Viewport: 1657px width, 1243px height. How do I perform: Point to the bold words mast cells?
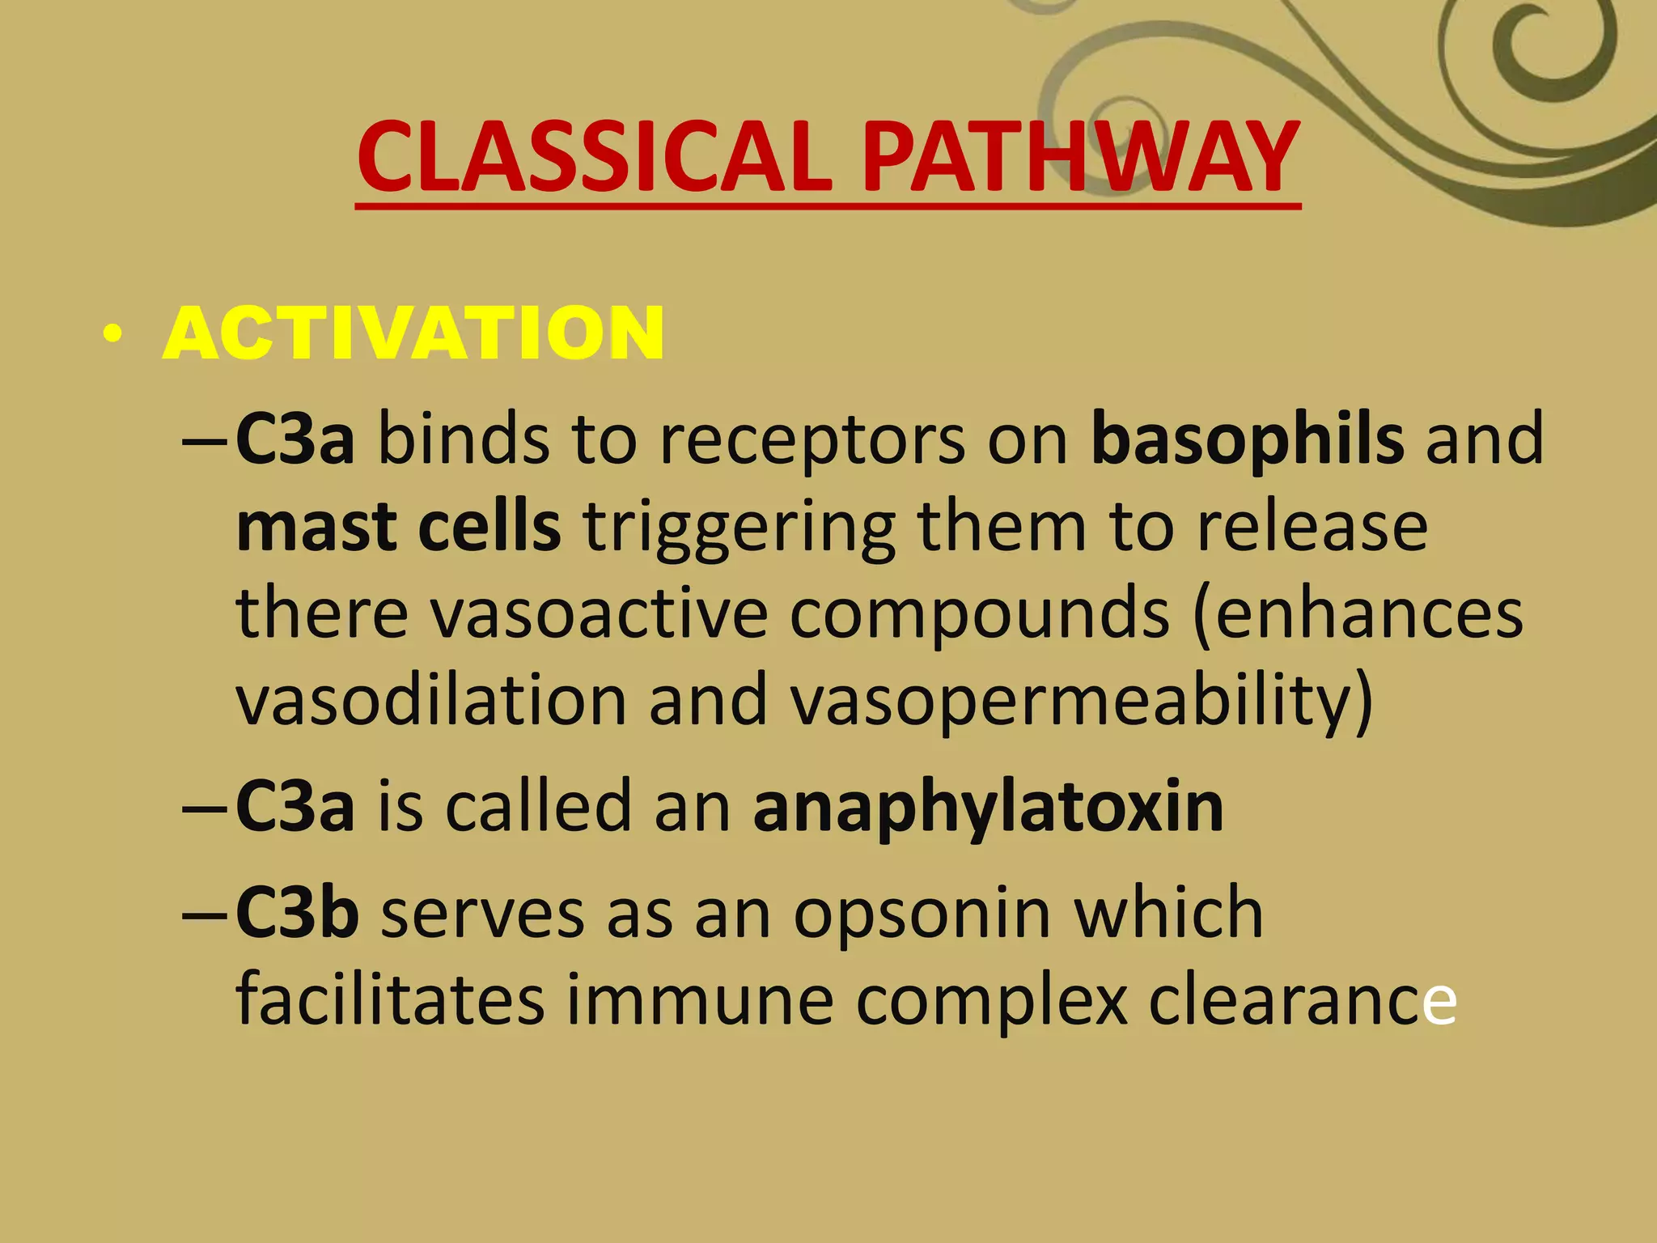(398, 527)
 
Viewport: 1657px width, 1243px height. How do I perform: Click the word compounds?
(979, 615)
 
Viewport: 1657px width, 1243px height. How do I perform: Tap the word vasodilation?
(431, 701)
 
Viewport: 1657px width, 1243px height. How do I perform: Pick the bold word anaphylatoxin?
(988, 808)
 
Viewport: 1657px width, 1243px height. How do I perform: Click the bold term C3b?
(297, 913)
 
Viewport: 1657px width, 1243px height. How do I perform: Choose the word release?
(1312, 527)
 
